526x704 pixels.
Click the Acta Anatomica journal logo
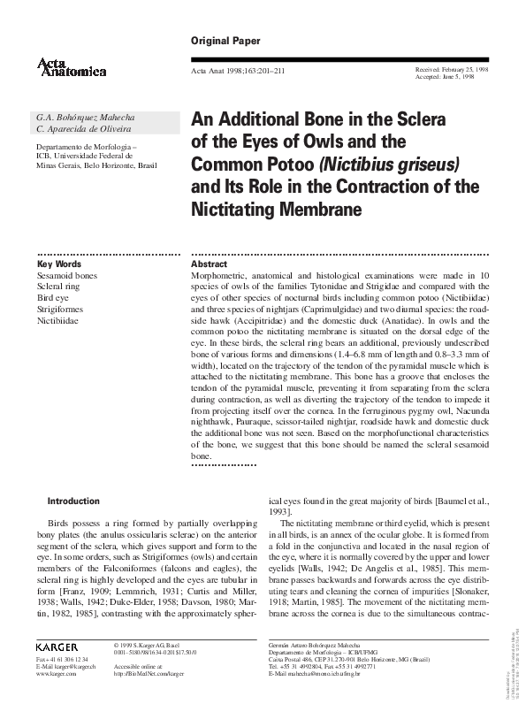click(72, 65)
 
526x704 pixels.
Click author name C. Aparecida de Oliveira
click(80, 129)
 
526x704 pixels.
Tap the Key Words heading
click(59, 264)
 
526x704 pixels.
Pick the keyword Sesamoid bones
click(67, 276)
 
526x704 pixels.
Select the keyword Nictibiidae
click(60, 322)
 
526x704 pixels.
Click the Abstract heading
click(209, 264)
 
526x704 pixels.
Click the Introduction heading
click(97, 501)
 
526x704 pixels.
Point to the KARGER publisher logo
click(57, 647)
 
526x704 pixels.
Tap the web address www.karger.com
click(54, 674)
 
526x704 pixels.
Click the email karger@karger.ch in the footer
click(75, 667)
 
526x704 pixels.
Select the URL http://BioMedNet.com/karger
click(149, 674)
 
